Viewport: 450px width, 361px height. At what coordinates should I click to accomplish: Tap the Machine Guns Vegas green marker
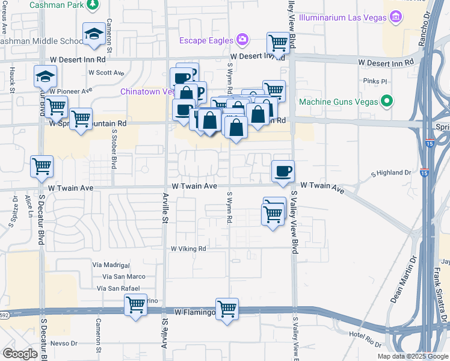click(x=387, y=101)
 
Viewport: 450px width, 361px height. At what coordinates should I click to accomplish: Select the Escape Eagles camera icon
click(x=242, y=40)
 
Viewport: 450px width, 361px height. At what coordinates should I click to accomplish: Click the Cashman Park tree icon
click(x=92, y=5)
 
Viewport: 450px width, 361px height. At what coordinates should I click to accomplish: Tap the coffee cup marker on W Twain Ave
click(x=283, y=171)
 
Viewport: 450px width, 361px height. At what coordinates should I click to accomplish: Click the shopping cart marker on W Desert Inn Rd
click(x=278, y=43)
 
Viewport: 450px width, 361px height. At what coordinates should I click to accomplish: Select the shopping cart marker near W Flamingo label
click(x=227, y=309)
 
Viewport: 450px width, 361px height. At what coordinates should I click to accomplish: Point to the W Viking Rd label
click(x=188, y=248)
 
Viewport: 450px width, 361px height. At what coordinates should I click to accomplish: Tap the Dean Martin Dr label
click(x=404, y=280)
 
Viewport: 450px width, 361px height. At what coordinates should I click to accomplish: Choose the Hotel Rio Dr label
click(x=365, y=341)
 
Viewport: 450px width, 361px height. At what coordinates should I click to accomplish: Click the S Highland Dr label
click(x=390, y=173)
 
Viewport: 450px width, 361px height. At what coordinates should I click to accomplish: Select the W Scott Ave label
click(x=106, y=73)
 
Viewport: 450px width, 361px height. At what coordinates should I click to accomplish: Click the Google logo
click(x=20, y=354)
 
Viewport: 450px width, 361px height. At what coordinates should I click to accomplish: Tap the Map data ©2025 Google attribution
click(x=412, y=356)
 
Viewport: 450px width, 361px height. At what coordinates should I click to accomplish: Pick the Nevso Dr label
click(x=64, y=343)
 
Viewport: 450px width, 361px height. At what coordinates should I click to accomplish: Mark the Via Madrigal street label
click(x=111, y=265)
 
